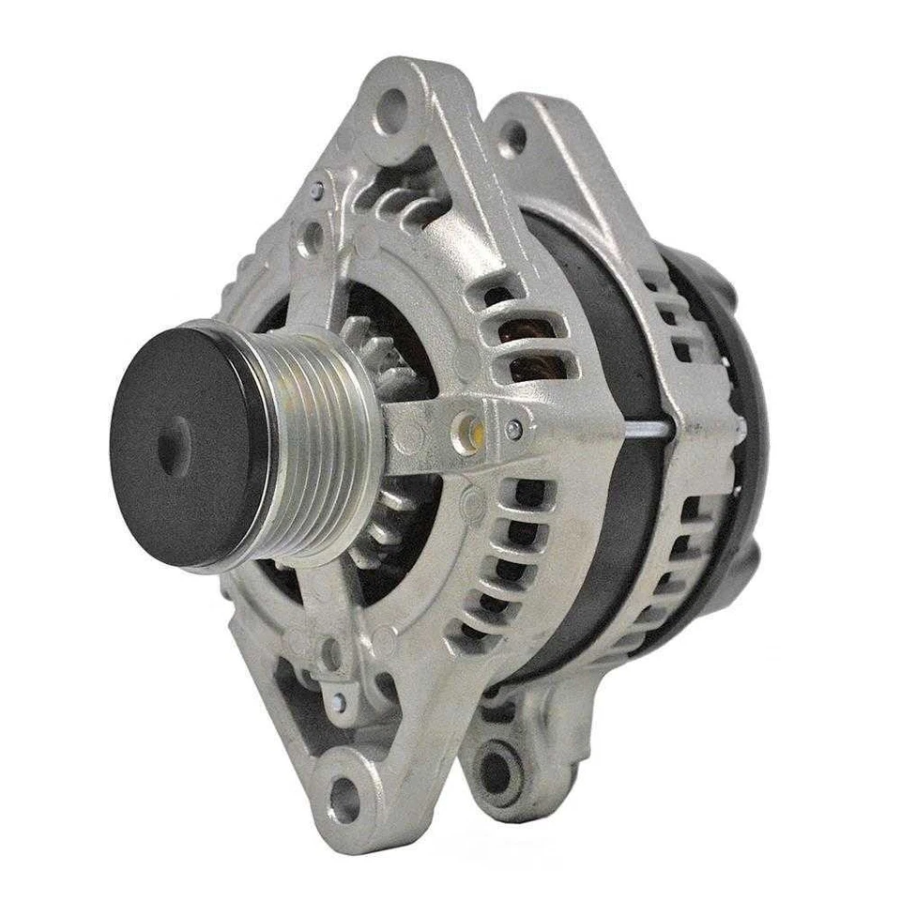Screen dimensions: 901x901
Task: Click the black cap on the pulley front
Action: click(x=183, y=446)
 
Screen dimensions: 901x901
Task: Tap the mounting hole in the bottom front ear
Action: click(x=343, y=803)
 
